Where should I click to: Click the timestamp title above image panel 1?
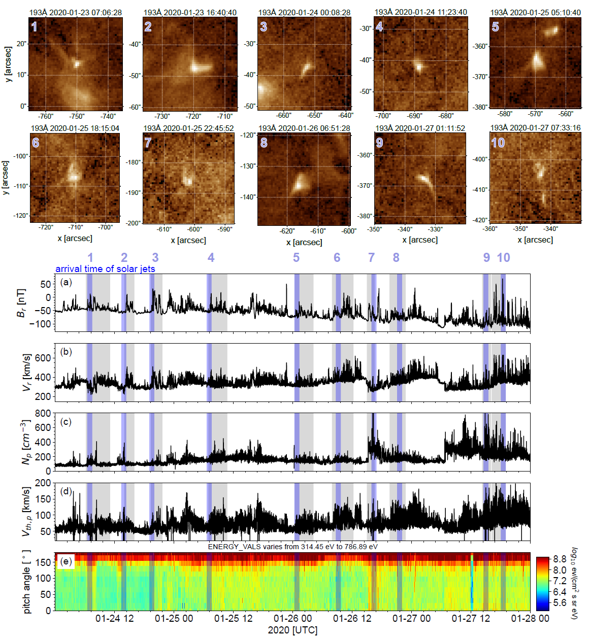[x=75, y=12]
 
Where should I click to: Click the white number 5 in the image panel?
[x=496, y=27]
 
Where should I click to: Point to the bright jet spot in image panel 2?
[x=197, y=67]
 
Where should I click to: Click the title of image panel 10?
[x=535, y=128]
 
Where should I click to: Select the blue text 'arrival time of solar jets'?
[x=105, y=269]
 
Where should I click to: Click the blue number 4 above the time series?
[x=211, y=258]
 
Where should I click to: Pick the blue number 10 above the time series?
[x=503, y=258]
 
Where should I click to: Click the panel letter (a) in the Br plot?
[x=66, y=282]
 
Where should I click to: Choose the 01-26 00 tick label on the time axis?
[x=292, y=618]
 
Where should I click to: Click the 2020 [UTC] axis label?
[x=292, y=630]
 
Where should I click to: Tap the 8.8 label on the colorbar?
[x=560, y=559]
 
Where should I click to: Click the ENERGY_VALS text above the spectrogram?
[x=292, y=547]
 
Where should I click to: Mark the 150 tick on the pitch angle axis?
[x=45, y=562]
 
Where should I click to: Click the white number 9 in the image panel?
[x=379, y=143]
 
